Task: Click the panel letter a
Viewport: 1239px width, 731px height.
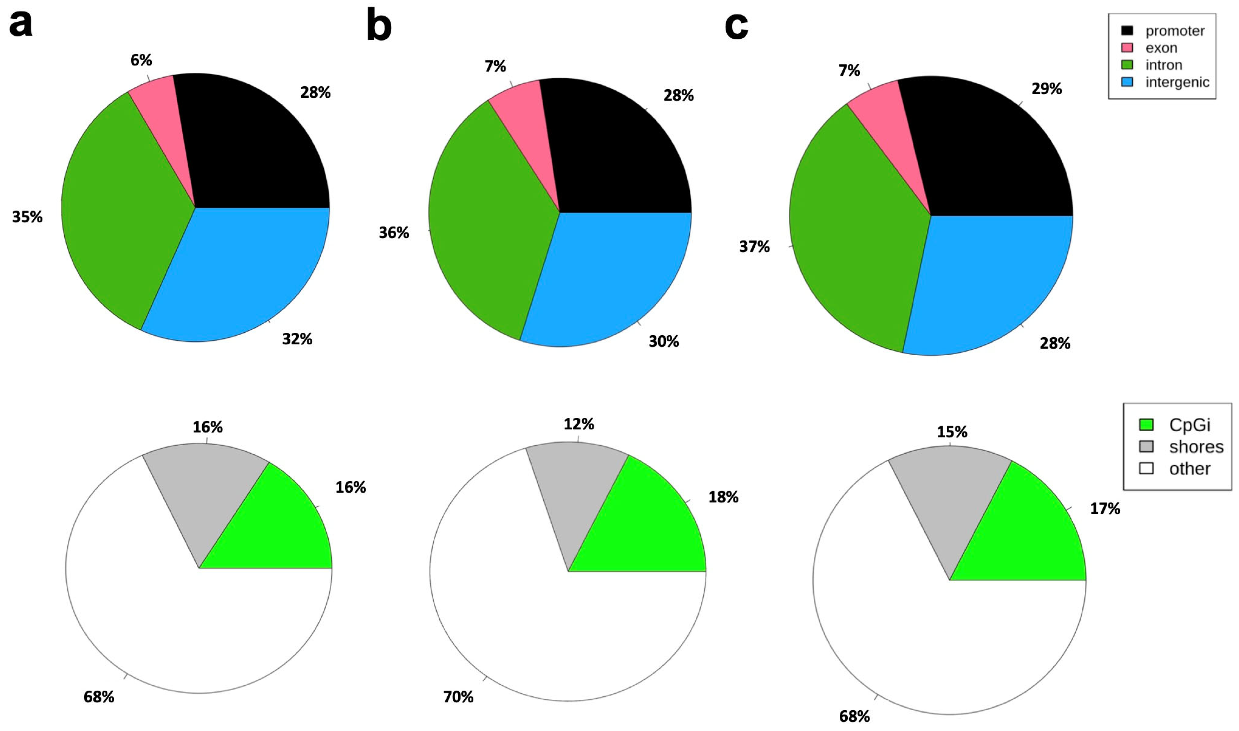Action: tap(21, 24)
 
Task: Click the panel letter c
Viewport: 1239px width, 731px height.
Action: tap(737, 26)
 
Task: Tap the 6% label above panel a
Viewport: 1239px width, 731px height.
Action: tap(141, 60)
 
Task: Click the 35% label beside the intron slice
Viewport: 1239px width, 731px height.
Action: tap(27, 217)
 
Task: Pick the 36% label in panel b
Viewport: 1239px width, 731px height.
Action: tap(394, 233)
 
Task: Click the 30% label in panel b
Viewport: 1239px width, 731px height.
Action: tap(663, 341)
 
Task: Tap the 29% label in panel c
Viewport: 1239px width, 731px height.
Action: tap(1047, 89)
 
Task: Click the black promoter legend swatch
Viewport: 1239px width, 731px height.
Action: tap(1127, 31)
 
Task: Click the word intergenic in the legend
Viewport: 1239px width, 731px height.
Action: tap(1177, 82)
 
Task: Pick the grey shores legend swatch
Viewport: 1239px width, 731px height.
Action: tap(1146, 446)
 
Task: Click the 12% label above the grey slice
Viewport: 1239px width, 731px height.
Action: tap(579, 423)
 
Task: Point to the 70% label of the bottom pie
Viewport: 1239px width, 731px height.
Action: tap(458, 697)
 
